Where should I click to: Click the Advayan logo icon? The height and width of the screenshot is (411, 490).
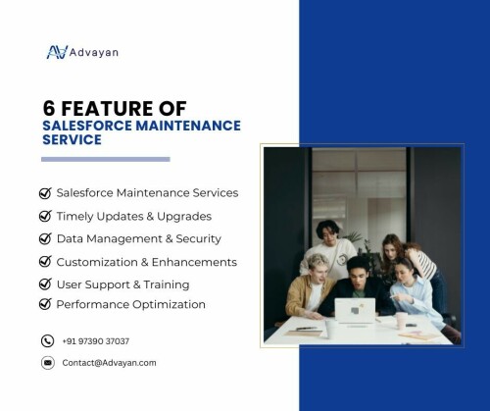point(57,52)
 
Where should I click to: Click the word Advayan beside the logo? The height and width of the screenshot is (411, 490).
point(94,53)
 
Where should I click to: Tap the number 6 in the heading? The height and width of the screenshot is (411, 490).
point(49,108)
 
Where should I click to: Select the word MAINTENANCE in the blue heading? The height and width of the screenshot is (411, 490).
point(188,126)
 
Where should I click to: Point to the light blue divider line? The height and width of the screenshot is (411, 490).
point(106,159)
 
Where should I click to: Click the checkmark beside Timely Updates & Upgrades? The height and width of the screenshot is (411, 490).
point(45,216)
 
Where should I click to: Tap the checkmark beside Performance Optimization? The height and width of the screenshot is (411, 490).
point(45,304)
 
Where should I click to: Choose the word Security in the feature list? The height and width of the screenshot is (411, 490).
point(199,238)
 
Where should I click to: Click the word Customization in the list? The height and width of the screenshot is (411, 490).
point(97,262)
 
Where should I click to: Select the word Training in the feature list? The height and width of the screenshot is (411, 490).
point(167,284)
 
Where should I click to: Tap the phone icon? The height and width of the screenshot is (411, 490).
point(47,340)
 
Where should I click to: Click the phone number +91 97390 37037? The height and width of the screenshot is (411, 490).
point(96,341)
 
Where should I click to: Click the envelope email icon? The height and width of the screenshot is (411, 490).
point(48,363)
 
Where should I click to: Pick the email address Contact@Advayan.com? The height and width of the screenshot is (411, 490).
point(109,363)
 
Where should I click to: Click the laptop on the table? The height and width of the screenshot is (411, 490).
point(355,311)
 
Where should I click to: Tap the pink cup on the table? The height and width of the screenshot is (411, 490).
point(401,321)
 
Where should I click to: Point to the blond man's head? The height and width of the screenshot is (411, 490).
point(317,267)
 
